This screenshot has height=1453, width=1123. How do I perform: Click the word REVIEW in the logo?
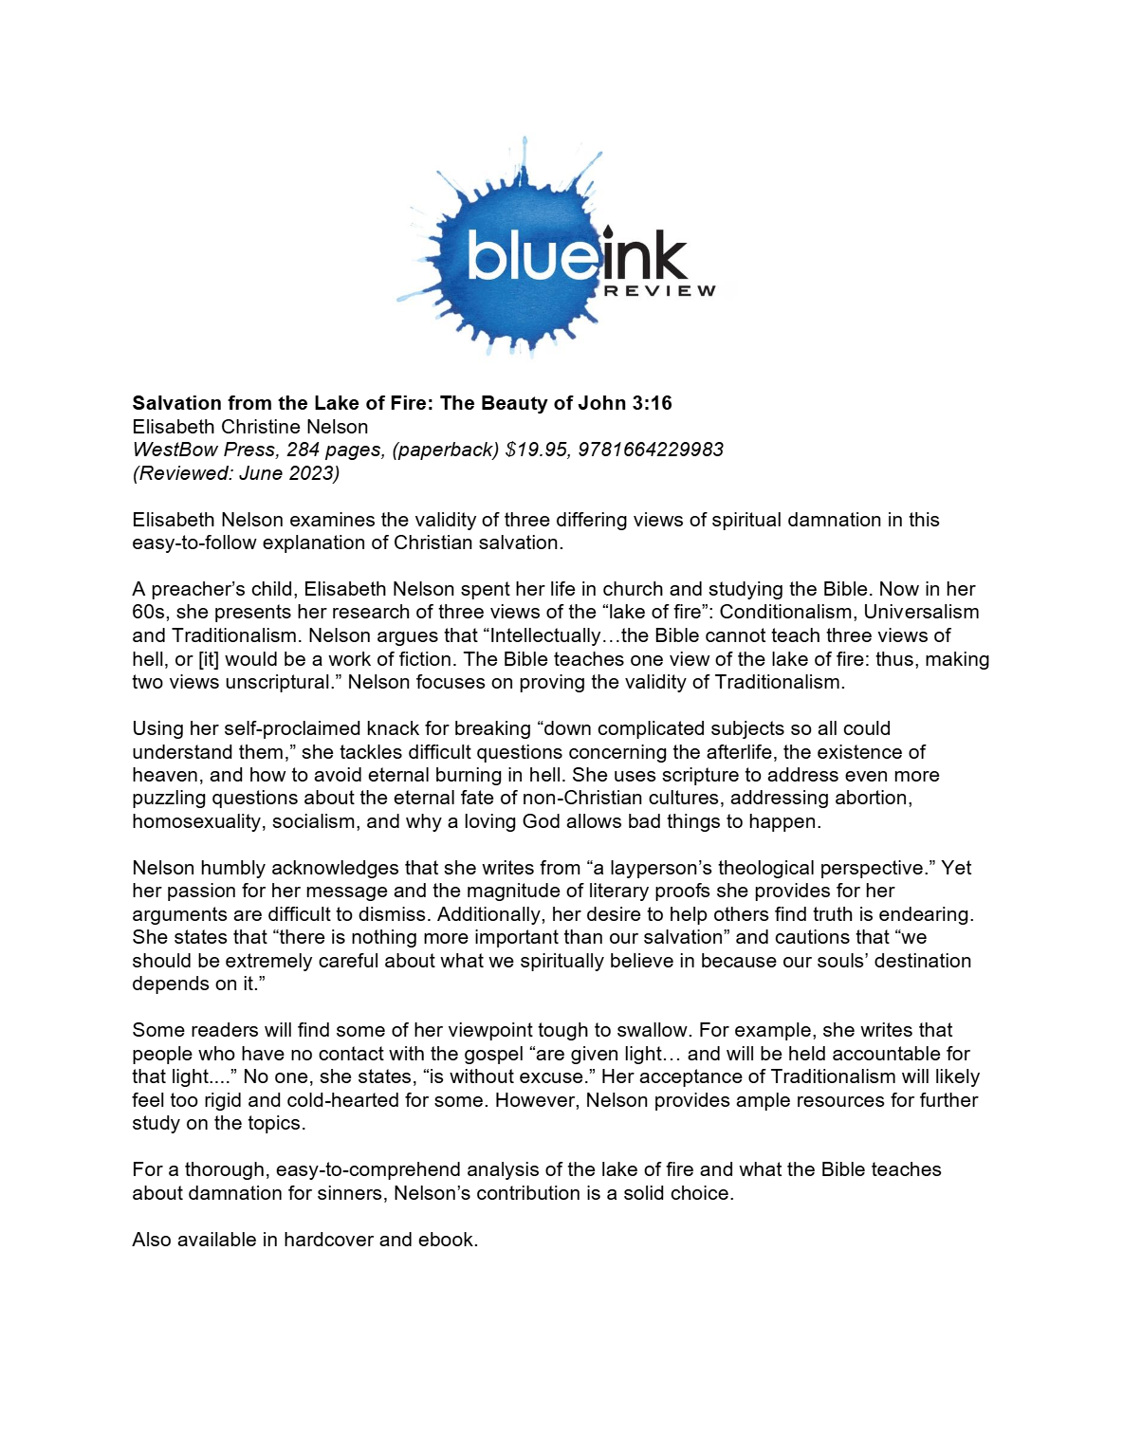[x=660, y=290]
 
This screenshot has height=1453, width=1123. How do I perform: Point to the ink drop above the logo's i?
[x=607, y=230]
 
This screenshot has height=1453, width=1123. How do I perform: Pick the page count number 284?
[x=303, y=450]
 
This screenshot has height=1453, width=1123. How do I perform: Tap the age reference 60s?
[x=147, y=613]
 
